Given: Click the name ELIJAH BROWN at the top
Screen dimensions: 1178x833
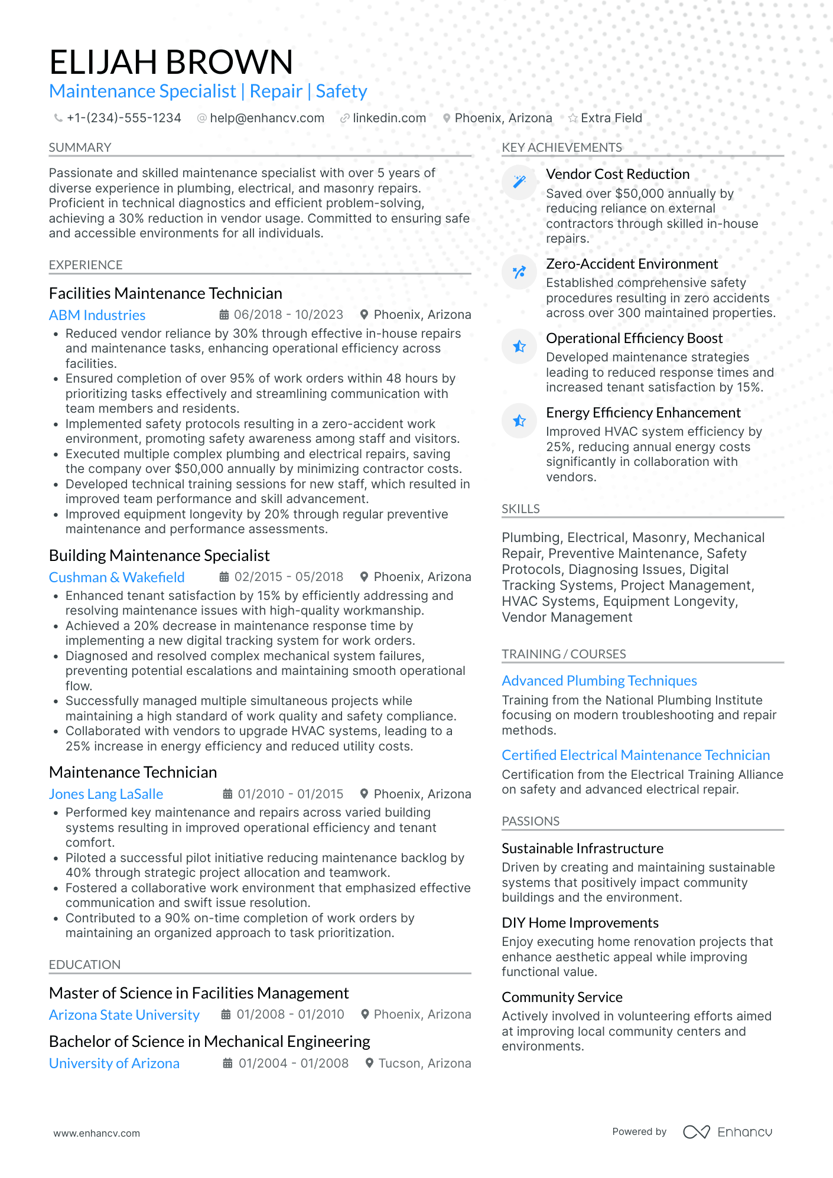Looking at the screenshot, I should point(171,62).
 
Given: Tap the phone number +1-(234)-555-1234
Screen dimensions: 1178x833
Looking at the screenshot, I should point(123,118).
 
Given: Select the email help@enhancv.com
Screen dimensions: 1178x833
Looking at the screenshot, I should point(267,118).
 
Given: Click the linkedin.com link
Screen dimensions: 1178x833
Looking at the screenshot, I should point(389,118).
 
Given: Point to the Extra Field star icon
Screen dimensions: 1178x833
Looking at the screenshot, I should point(572,118).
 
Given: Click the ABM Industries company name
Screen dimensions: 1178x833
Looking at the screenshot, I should point(97,315).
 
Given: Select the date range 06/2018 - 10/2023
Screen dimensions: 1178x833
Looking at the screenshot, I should point(288,315).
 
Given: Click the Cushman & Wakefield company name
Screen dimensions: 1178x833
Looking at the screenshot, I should point(116,577).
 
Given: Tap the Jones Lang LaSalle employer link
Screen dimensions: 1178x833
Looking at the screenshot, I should point(106,794).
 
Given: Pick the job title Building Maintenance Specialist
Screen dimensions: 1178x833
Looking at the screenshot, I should point(159,556).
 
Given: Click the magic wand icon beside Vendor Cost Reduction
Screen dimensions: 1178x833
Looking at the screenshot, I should point(519,182).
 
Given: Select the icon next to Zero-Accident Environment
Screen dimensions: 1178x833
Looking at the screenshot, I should point(519,272).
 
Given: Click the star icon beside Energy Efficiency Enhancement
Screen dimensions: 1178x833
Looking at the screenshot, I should point(519,420).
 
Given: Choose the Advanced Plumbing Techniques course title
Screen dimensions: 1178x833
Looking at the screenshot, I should point(599,681).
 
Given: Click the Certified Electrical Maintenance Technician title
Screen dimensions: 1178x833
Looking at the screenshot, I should point(636,755).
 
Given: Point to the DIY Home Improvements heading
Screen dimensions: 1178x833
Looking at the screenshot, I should point(580,923).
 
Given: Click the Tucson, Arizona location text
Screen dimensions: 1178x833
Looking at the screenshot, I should point(424,1063).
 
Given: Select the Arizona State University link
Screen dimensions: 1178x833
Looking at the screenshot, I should point(124,1015).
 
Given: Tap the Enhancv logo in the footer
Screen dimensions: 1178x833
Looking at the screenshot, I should point(727,1132).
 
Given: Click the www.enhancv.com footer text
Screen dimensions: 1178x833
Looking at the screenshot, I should point(97,1133).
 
